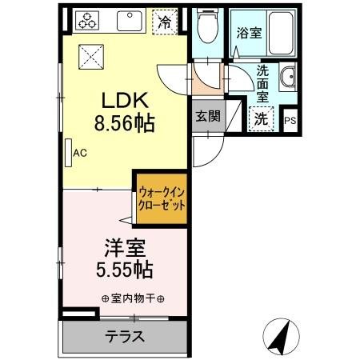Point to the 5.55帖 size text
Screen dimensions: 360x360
(x=124, y=269)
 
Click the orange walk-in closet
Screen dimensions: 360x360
(x=162, y=199)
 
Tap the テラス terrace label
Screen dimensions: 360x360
(x=124, y=337)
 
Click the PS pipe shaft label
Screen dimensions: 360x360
(x=290, y=121)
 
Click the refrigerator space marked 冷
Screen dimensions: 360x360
(x=164, y=22)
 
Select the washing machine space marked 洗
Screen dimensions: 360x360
(x=262, y=118)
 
